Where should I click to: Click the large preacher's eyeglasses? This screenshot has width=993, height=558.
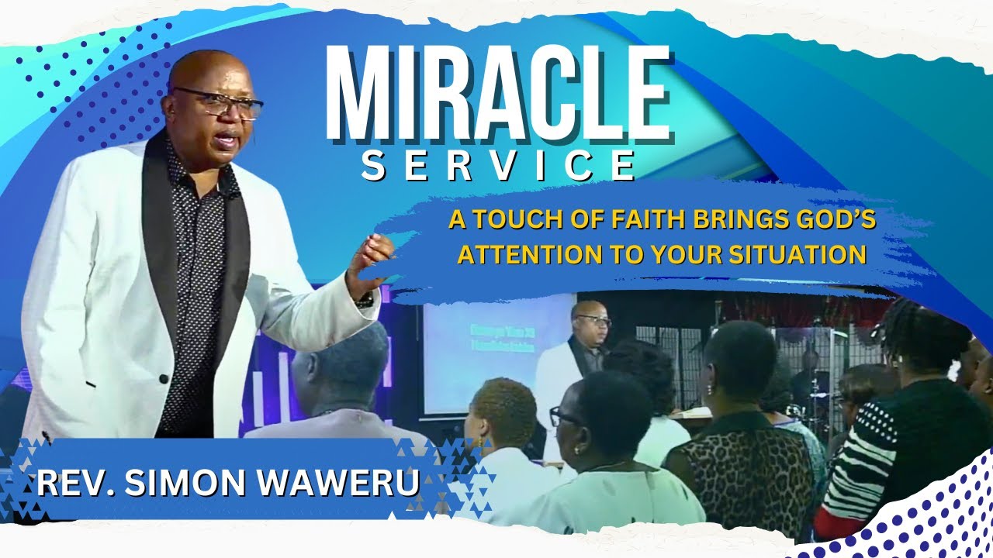(218, 103)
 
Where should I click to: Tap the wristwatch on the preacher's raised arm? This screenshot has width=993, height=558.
(364, 299)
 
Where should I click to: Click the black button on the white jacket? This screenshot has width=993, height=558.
(164, 378)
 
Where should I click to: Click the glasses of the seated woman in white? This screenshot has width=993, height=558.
(565, 416)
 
